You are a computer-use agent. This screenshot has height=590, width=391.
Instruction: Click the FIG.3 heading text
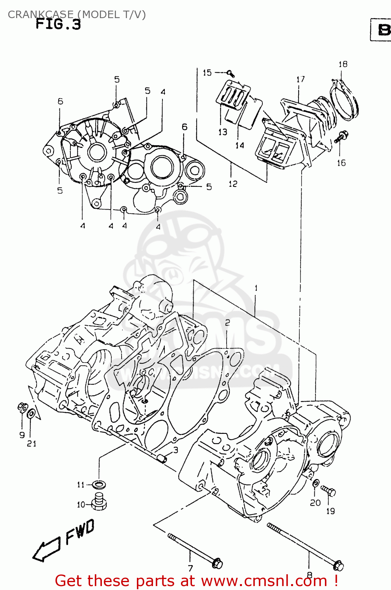pos(58,24)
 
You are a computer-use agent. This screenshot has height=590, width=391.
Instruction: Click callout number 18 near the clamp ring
pos(343,64)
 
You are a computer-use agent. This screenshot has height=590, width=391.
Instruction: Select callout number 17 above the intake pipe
pos(301,79)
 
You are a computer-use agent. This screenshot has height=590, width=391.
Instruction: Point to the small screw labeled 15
pos(231,73)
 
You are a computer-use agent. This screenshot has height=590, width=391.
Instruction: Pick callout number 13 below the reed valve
pos(223,132)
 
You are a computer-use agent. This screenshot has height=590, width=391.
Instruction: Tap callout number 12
pos(233,184)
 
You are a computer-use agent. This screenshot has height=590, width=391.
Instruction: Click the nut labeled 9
pos(22,407)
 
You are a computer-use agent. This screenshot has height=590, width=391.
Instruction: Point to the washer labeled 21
pos(31,414)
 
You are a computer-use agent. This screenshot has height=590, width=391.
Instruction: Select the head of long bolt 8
pos(338,566)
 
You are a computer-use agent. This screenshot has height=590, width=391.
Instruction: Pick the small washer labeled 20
pos(316,483)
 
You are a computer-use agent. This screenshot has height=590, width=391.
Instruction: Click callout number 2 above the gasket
pos(227,323)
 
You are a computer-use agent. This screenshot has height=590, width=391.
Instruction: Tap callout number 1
pos(256,288)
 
